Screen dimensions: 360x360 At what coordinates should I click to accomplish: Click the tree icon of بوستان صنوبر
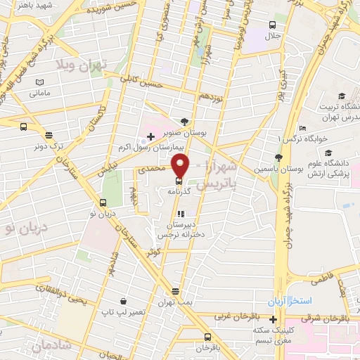[x=184, y=120]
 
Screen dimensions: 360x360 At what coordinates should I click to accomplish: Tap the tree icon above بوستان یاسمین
[x=280, y=157]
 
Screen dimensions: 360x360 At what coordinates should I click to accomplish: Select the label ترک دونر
[x=48, y=148]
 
